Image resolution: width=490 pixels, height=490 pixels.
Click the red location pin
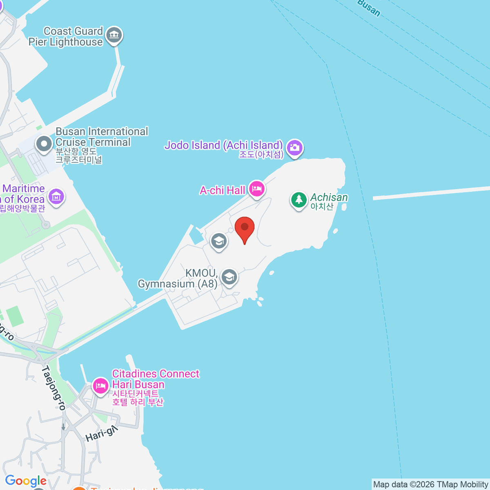pyautogui.click(x=245, y=228)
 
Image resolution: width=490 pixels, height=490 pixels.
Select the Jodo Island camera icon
pyautogui.click(x=294, y=147)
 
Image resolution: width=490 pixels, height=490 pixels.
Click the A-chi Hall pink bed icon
pyautogui.click(x=256, y=189)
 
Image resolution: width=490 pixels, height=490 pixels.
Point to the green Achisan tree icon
pyautogui.click(x=299, y=200)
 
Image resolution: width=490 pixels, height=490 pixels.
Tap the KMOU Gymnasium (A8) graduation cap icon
pyautogui.click(x=229, y=277)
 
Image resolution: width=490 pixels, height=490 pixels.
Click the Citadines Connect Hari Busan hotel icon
pyautogui.click(x=100, y=385)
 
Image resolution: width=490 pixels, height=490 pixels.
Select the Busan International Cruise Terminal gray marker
pyautogui.click(x=44, y=144)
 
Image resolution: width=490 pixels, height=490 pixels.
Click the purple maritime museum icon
pyautogui.click(x=56, y=197)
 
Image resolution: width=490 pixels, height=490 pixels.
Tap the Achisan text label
pyautogui.click(x=329, y=198)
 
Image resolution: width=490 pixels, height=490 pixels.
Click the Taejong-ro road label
pyautogui.click(x=53, y=388)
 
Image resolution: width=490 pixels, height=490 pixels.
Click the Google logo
pyautogui.click(x=26, y=481)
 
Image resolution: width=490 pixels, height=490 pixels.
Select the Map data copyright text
pyautogui.click(x=431, y=485)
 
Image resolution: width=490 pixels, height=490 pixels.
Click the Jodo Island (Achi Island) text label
pyautogui.click(x=224, y=145)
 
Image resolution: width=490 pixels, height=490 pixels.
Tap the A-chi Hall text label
pyautogui.click(x=223, y=190)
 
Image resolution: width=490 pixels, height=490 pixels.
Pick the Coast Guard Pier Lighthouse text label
pyautogui.click(x=67, y=37)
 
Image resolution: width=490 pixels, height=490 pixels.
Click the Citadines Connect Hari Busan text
pyautogui.click(x=156, y=379)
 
